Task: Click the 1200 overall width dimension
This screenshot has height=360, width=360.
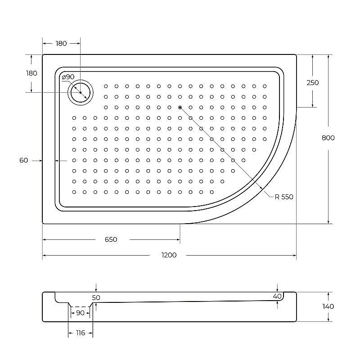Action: [169, 255]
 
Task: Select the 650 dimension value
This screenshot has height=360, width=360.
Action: [111, 239]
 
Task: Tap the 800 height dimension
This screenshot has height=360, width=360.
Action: [328, 138]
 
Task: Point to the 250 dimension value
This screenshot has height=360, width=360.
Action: [312, 82]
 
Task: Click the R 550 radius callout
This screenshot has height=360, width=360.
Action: [284, 197]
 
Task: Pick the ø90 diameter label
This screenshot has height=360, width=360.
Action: [68, 77]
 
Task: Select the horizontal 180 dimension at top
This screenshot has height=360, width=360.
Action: [61, 44]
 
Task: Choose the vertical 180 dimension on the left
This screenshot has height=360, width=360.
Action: [31, 73]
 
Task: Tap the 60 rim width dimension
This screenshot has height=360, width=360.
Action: [24, 160]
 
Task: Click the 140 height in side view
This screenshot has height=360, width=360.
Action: [328, 306]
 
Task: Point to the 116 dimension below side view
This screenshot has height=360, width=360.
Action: [80, 333]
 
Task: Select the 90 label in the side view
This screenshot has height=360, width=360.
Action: [80, 313]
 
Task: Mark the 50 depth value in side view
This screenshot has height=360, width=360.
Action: [96, 297]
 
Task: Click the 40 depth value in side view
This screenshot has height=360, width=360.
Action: [277, 296]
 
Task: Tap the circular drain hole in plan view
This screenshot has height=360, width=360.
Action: [80, 93]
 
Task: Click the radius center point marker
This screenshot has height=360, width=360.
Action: [180, 108]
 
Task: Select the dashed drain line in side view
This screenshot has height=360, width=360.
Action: [80, 306]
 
